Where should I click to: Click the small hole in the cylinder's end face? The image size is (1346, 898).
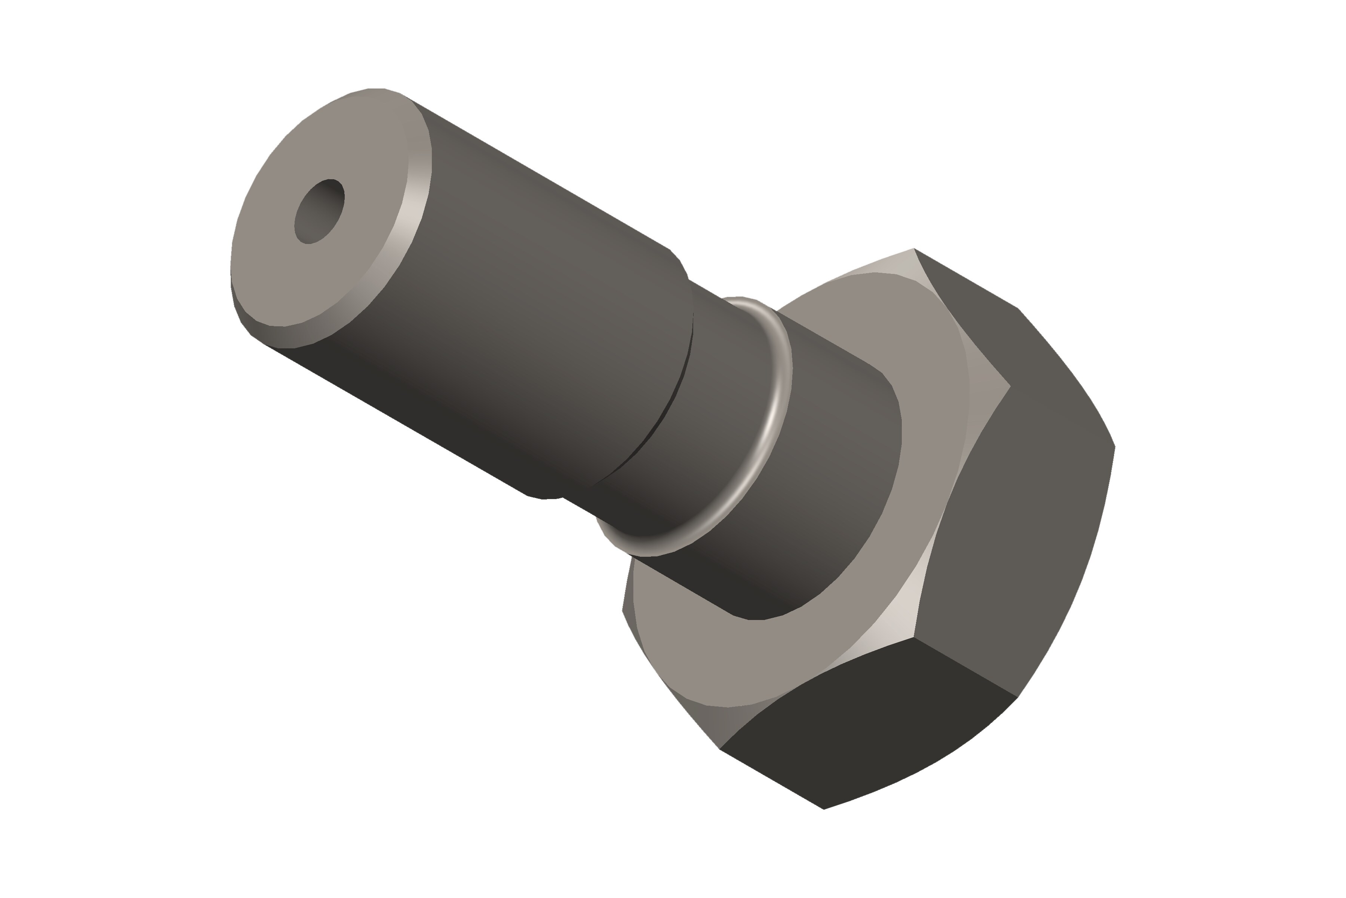coord(319,211)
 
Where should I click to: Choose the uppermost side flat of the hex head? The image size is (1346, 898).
coord(973,309)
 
